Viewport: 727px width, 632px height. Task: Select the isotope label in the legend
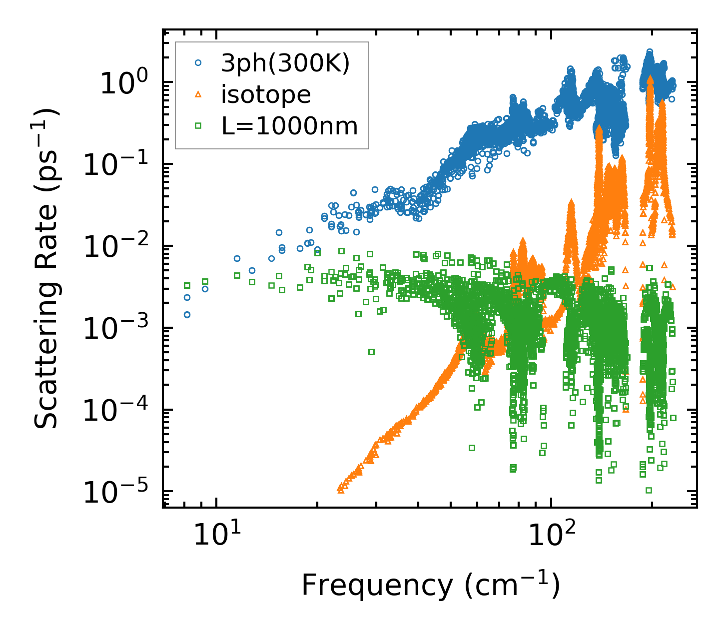[x=266, y=95]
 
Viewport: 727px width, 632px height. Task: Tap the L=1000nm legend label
[x=290, y=126]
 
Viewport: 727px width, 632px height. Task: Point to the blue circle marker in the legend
[x=198, y=63]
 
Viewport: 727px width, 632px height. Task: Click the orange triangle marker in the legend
[x=198, y=95]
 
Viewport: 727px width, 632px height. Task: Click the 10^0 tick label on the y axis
[x=123, y=83]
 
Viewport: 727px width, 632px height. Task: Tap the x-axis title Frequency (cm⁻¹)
[x=430, y=586]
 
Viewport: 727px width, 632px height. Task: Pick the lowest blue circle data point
[x=187, y=315]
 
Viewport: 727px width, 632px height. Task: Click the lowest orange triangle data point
[x=341, y=490]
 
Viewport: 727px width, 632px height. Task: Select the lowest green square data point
[x=649, y=490]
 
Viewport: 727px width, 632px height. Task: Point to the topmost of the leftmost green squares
[x=187, y=286]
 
